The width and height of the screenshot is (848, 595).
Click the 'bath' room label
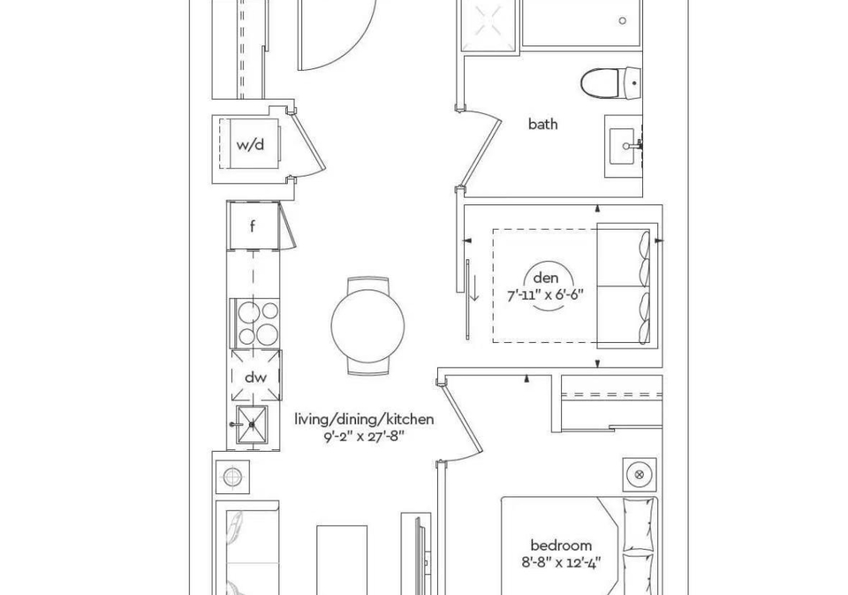[542, 124]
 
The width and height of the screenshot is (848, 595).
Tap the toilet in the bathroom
[611, 83]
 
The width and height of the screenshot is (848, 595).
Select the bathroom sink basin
[625, 146]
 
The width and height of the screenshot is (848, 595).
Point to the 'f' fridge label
[253, 226]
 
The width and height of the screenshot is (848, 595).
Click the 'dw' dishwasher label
[256, 377]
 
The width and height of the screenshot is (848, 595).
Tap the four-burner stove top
[257, 323]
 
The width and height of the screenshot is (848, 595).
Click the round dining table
[367, 325]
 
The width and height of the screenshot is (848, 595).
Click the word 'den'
[545, 278]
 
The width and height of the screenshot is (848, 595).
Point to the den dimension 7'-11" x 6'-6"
[545, 295]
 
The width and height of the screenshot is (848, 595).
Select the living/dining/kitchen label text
[364, 420]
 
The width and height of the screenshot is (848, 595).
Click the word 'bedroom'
[561, 545]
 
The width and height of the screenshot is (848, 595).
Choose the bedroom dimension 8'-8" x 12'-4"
[561, 562]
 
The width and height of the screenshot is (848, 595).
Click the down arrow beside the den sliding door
[473, 288]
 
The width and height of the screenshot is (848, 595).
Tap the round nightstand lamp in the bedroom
[640, 475]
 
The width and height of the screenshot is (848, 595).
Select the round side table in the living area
[232, 477]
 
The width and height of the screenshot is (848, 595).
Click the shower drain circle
[623, 20]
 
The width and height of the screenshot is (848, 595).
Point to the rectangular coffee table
[342, 560]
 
